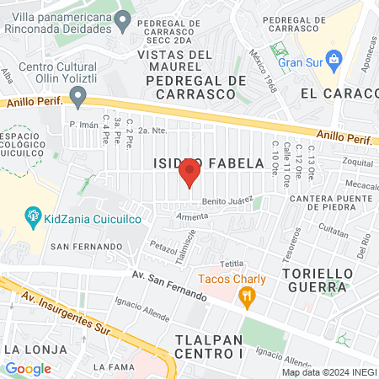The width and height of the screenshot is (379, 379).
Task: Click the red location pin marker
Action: pos(189,173)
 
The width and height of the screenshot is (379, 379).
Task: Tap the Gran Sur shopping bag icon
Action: pos(334,60)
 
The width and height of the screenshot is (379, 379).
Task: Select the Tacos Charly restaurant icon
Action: pos(246,295)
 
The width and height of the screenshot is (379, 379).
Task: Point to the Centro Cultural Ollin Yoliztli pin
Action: pos(78,98)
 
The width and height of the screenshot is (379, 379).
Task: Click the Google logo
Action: pos(28,368)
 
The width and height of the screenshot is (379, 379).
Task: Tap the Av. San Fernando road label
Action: pos(169,285)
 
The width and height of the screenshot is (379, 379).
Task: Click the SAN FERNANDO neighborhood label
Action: pos(86,246)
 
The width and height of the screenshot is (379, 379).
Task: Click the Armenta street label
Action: pos(191,216)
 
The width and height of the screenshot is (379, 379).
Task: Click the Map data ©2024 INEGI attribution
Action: pos(328,372)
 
